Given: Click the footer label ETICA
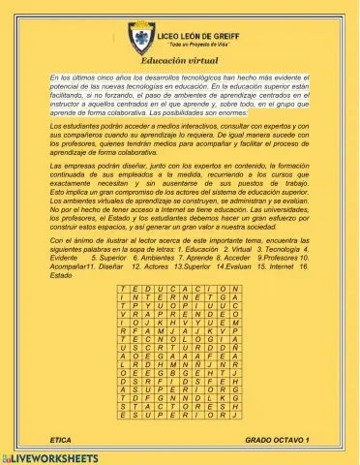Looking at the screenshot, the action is point(60,440).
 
